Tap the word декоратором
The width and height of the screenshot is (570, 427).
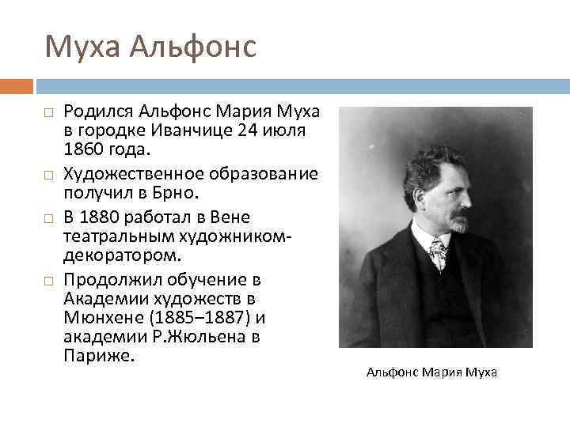(x=122, y=255)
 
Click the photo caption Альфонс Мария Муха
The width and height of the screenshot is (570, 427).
(x=431, y=372)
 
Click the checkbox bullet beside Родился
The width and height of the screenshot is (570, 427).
(x=48, y=112)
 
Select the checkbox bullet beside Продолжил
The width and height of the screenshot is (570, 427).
(x=48, y=281)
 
